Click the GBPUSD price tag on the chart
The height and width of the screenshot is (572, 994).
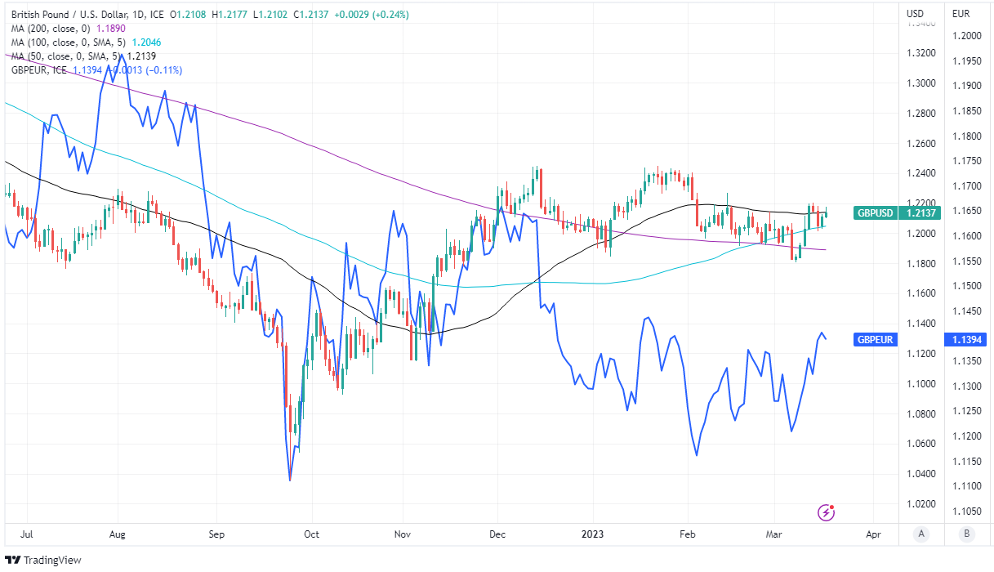point(875,213)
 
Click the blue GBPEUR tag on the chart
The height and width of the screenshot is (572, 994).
point(875,339)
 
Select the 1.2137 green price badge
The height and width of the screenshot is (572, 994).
point(919,213)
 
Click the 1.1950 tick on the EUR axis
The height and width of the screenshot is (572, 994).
point(965,61)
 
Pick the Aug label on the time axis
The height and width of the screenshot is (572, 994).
point(118,534)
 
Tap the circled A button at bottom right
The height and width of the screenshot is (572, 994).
point(921,534)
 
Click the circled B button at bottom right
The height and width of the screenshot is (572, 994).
point(967,534)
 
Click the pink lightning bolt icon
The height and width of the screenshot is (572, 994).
point(827,513)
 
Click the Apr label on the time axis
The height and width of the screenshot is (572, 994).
point(873,534)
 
